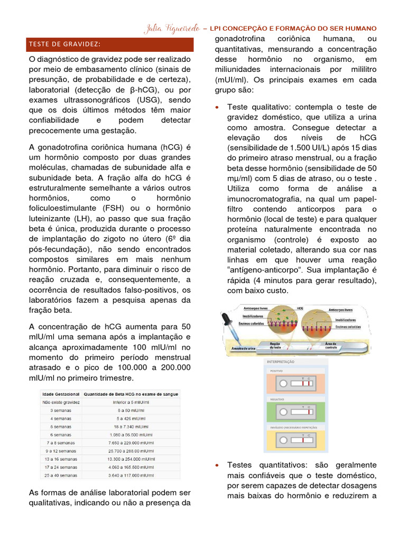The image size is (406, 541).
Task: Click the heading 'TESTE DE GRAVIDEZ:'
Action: [65, 43]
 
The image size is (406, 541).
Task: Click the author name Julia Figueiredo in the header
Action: [170, 29]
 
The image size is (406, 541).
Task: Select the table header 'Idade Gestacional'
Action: [61, 394]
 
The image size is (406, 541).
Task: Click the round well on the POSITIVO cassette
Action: [283, 381]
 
